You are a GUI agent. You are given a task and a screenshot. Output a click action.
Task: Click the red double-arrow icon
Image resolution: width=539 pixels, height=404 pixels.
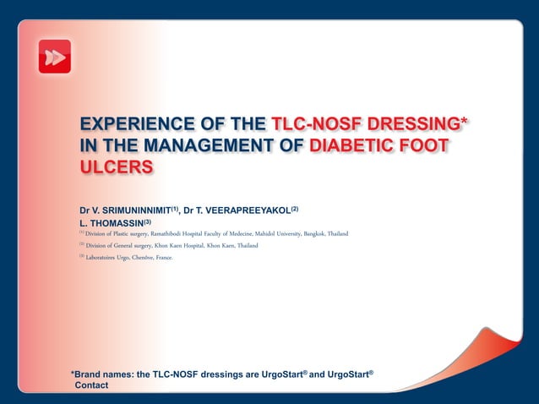(x=55, y=57)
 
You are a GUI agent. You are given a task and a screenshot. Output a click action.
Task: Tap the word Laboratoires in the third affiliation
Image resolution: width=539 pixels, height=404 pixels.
(x=105, y=257)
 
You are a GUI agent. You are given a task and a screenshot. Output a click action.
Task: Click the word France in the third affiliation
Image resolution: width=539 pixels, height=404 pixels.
(x=164, y=257)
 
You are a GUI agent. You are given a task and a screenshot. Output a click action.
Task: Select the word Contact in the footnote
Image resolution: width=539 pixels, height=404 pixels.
(x=92, y=385)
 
